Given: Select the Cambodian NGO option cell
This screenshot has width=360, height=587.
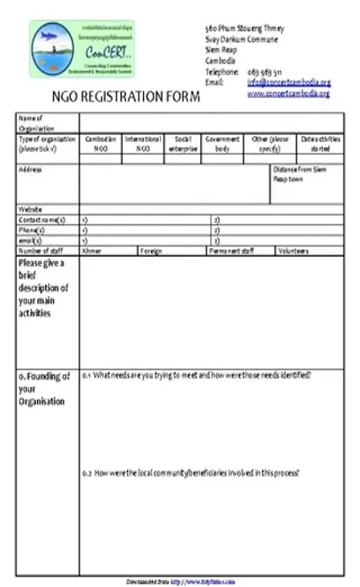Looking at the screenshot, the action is pyautogui.click(x=101, y=144).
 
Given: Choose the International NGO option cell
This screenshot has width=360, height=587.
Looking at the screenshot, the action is pyautogui.click(x=143, y=144).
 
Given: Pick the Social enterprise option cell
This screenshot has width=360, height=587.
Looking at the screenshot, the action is pyautogui.click(x=184, y=144).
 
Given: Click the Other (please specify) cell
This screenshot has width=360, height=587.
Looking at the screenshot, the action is pyautogui.click(x=268, y=144).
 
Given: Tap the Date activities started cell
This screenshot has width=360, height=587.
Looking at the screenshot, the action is pyautogui.click(x=321, y=144).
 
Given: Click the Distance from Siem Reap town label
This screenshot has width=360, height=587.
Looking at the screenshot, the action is pyautogui.click(x=299, y=173).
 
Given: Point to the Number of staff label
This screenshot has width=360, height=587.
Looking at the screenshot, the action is pyautogui.click(x=43, y=251).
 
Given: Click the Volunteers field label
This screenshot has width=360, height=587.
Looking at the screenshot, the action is pyautogui.click(x=294, y=251).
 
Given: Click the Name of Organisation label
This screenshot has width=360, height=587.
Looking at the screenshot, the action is pyautogui.click(x=32, y=123).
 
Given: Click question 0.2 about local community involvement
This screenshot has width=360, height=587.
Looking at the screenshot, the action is pyautogui.click(x=191, y=474).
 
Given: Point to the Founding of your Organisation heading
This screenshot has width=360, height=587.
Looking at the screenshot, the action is pyautogui.click(x=44, y=388).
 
